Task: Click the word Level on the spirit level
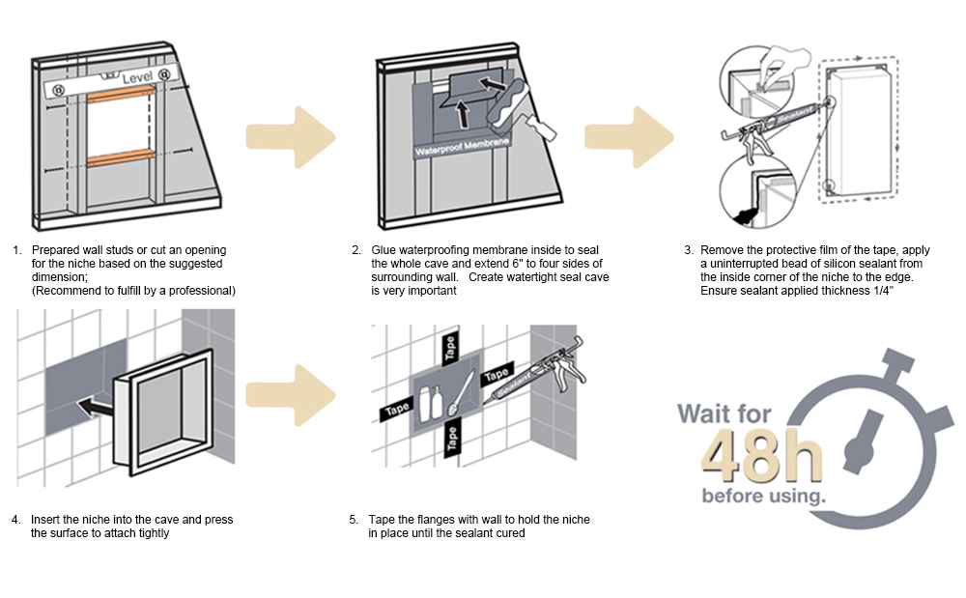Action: pyautogui.click(x=138, y=75)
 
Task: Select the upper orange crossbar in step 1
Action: pyautogui.click(x=121, y=93)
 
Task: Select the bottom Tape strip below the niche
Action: pyautogui.click(x=451, y=440)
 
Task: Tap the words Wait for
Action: pyautogui.click(x=724, y=413)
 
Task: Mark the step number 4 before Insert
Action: pyautogui.click(x=15, y=520)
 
